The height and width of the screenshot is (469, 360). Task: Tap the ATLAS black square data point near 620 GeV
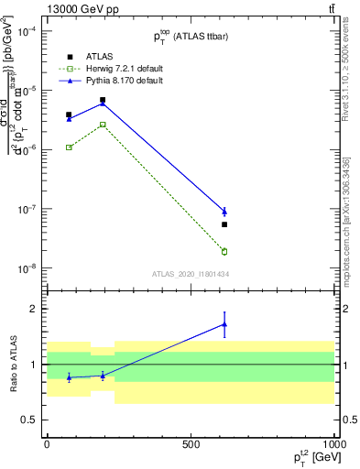click(224, 224)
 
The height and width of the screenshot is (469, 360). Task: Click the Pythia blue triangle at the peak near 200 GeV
click(103, 104)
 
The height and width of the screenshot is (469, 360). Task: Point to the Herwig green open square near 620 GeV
click(224, 251)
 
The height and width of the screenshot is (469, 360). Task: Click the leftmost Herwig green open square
click(69, 147)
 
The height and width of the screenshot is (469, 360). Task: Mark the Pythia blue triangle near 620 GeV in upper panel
click(224, 212)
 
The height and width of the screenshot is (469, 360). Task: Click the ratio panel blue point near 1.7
click(224, 324)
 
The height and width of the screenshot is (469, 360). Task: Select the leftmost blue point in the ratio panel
click(69, 377)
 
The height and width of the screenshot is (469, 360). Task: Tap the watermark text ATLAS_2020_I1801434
click(190, 274)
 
